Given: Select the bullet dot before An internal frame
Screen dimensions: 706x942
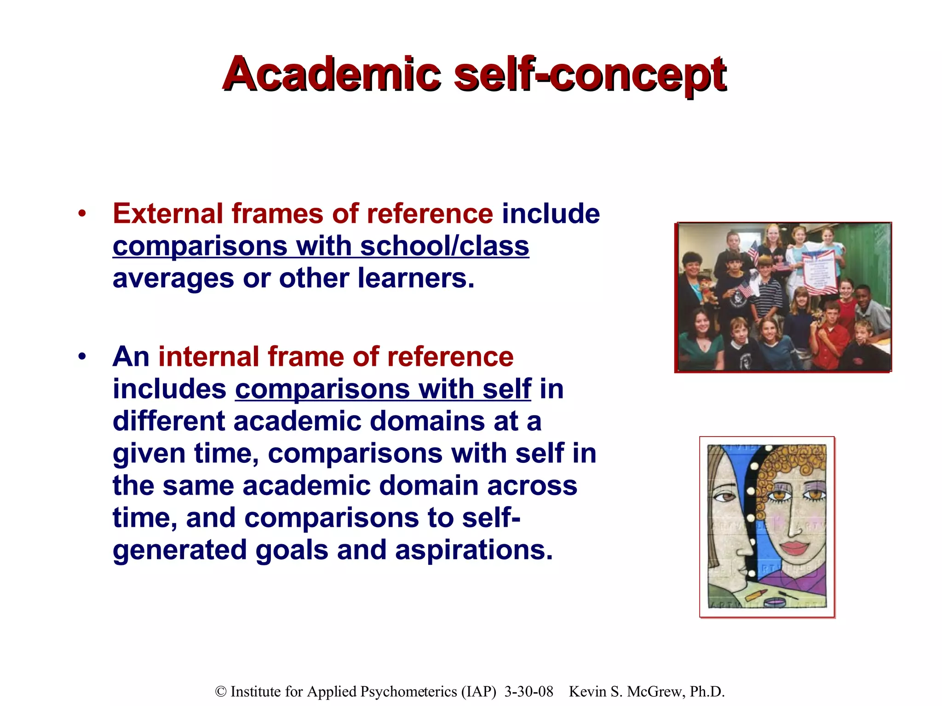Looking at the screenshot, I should pyautogui.click(x=82, y=356).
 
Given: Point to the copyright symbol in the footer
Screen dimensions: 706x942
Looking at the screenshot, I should pyautogui.click(x=221, y=692).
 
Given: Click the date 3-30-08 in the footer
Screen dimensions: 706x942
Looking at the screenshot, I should pyautogui.click(x=528, y=692).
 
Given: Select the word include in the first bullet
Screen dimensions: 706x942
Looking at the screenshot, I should pyautogui.click(x=551, y=214).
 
